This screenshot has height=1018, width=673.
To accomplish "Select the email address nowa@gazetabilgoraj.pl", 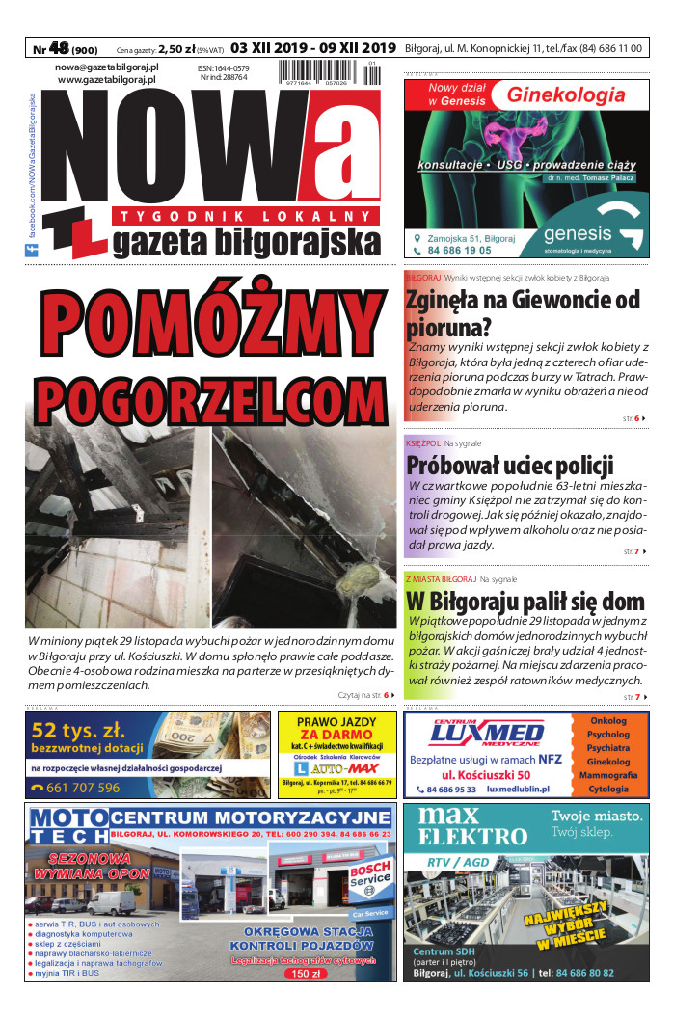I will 107,67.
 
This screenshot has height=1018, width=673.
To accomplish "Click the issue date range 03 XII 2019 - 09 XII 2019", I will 313,47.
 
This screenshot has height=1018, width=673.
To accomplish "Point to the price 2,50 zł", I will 178,47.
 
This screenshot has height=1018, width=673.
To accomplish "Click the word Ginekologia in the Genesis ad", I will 566,95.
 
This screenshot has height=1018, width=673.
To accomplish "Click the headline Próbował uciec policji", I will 509,465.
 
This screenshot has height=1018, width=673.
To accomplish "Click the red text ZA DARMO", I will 336,736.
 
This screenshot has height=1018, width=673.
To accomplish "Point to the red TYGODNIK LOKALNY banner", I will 245,215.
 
